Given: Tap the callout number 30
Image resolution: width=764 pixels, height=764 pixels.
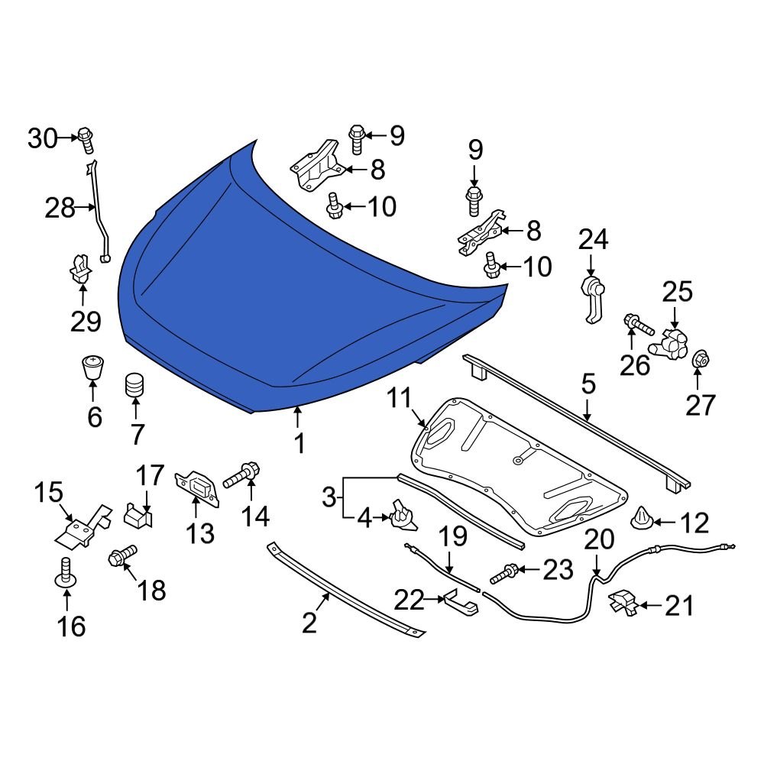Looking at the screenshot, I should [43, 139].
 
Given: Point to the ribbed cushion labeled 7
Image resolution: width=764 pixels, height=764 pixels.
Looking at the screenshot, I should [135, 386].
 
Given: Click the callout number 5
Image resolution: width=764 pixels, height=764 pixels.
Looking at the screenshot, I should [587, 384].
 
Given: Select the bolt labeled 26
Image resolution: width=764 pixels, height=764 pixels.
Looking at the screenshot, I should [636, 325].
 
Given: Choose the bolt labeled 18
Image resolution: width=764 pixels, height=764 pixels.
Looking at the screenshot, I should [123, 555].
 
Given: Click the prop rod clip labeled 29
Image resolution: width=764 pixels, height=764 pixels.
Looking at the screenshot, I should [79, 268].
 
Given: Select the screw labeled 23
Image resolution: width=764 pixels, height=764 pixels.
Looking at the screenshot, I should [509, 570].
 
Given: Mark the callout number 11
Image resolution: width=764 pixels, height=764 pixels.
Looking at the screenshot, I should [399, 397].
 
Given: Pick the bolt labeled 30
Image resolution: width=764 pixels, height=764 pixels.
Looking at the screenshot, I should [85, 138].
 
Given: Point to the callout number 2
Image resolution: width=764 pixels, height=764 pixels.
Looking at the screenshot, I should [309, 623].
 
